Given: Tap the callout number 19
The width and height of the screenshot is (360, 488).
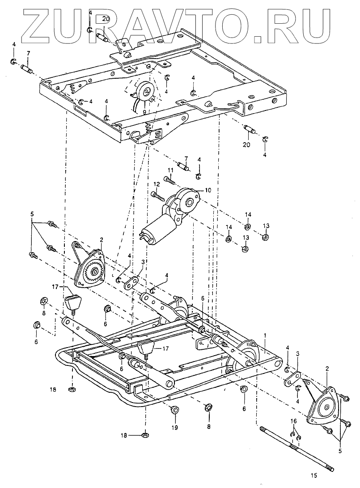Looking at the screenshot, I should pos(174,428).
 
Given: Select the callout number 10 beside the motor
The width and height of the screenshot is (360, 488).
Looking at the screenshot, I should pos(208,190).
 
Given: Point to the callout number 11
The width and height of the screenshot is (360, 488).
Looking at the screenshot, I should pos(170,170).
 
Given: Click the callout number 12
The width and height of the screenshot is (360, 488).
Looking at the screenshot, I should pos(157,185).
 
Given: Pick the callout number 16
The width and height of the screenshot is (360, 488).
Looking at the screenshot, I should pos(293,421).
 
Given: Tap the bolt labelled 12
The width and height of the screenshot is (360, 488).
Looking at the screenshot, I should pos(157,195).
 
